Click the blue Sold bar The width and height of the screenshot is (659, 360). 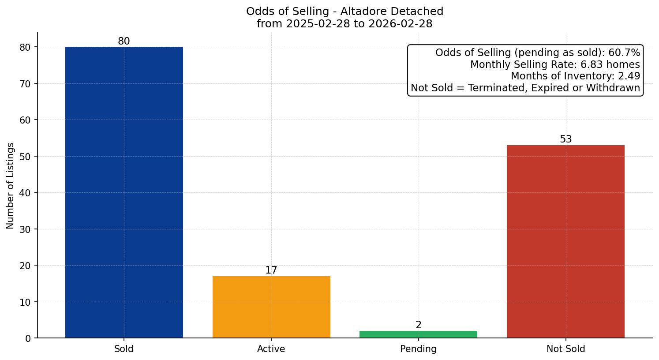(124, 192)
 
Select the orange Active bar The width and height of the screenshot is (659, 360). (271, 307)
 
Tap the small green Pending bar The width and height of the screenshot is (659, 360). (418, 334)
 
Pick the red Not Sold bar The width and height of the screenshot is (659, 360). (565, 241)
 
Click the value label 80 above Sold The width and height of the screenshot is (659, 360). (124, 41)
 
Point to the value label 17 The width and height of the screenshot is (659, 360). (271, 270)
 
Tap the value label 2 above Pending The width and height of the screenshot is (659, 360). (418, 325)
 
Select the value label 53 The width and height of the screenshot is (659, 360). (565, 139)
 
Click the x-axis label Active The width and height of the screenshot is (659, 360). (271, 349)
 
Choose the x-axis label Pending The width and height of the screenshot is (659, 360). (418, 349)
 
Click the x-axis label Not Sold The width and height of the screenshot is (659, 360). (565, 349)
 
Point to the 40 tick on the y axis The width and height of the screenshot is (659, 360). (26, 193)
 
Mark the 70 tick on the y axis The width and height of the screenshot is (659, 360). (26, 84)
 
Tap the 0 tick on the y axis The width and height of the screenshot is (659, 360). (28, 338)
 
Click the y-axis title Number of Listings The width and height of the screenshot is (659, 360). (11, 186)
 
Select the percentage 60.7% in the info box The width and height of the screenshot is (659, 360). (624, 53)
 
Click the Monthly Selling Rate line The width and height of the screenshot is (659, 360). (554, 65)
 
